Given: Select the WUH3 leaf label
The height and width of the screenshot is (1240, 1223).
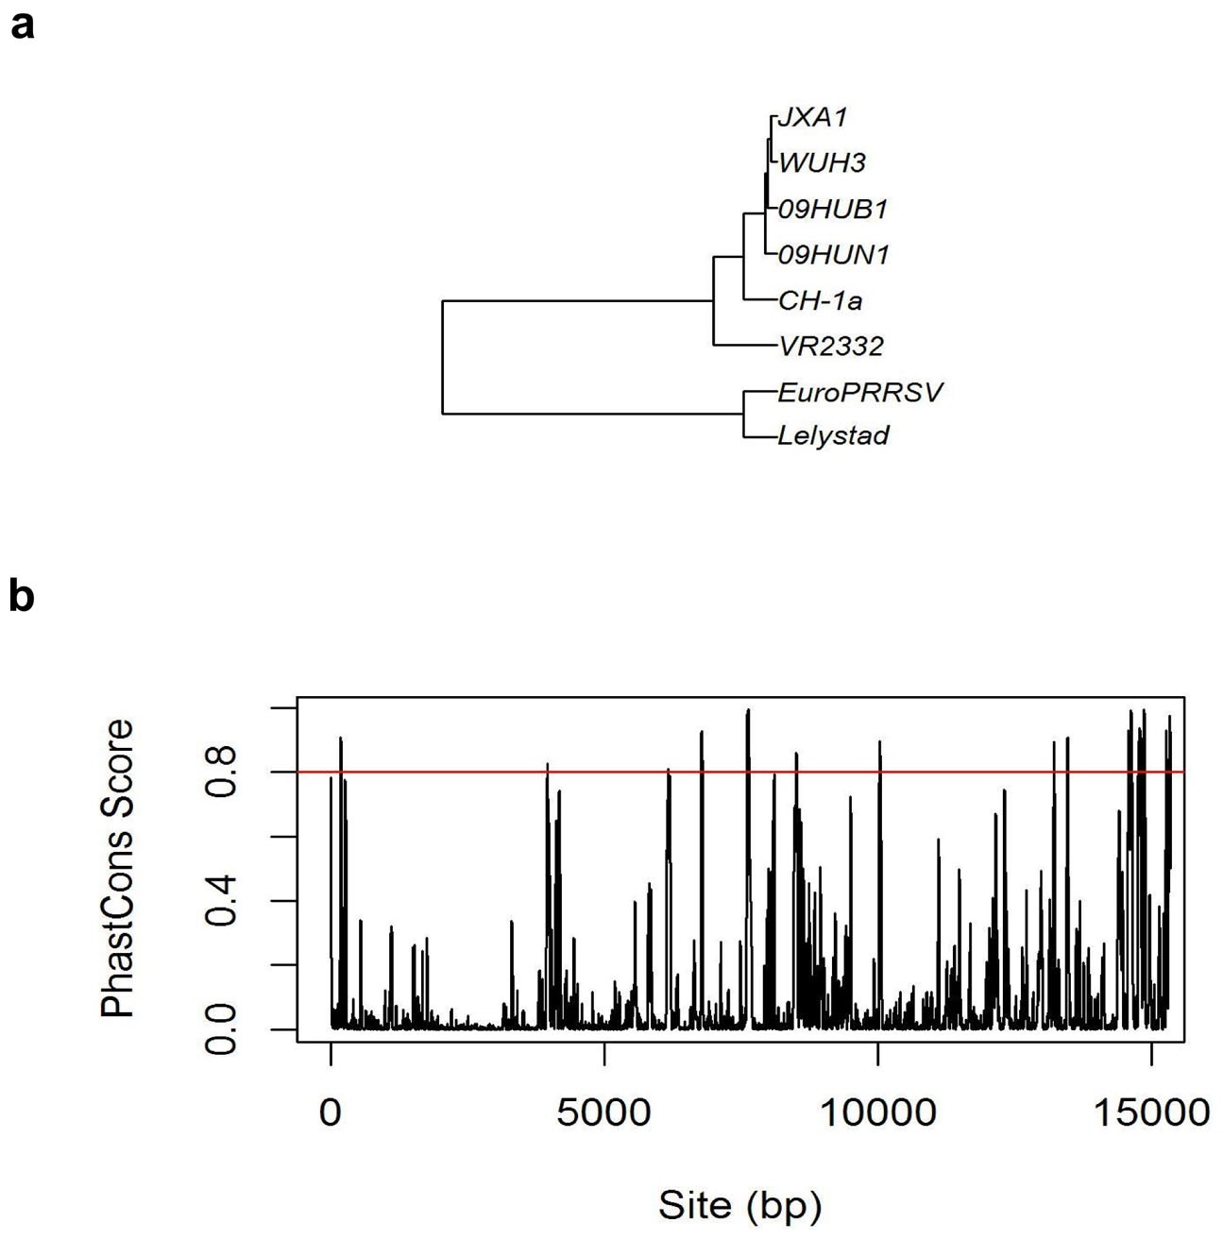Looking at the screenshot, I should pyautogui.click(x=822, y=162).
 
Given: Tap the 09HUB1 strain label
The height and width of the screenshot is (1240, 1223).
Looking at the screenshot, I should pyautogui.click(x=833, y=209).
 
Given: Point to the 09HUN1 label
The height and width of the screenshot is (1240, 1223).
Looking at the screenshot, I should pyautogui.click(x=833, y=254).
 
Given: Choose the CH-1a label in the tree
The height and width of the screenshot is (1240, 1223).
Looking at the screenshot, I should pyautogui.click(x=820, y=300).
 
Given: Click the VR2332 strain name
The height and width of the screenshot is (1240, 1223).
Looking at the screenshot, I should pyautogui.click(x=831, y=346).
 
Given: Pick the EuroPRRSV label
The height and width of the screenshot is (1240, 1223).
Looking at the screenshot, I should pyautogui.click(x=859, y=391).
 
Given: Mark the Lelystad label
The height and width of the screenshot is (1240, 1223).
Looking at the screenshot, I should pyautogui.click(x=833, y=436).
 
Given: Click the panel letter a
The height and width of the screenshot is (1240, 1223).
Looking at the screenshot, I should pyautogui.click(x=23, y=25).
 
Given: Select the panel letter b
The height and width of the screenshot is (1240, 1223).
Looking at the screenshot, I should pyautogui.click(x=21, y=596).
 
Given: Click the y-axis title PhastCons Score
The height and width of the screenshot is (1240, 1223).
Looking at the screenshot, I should pyautogui.click(x=119, y=868).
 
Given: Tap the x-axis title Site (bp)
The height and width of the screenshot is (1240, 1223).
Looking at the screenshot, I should pyautogui.click(x=739, y=1205).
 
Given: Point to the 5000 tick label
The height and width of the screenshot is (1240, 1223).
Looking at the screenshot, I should pyautogui.click(x=603, y=1113).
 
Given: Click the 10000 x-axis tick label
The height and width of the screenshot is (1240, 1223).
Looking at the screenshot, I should pyautogui.click(x=877, y=1113).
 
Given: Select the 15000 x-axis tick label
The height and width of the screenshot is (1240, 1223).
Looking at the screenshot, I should pyautogui.click(x=1151, y=1113).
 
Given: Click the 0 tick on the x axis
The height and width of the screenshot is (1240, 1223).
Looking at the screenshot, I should pyautogui.click(x=331, y=1113).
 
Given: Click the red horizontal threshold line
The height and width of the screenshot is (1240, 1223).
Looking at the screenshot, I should pyautogui.click(x=944, y=772).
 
